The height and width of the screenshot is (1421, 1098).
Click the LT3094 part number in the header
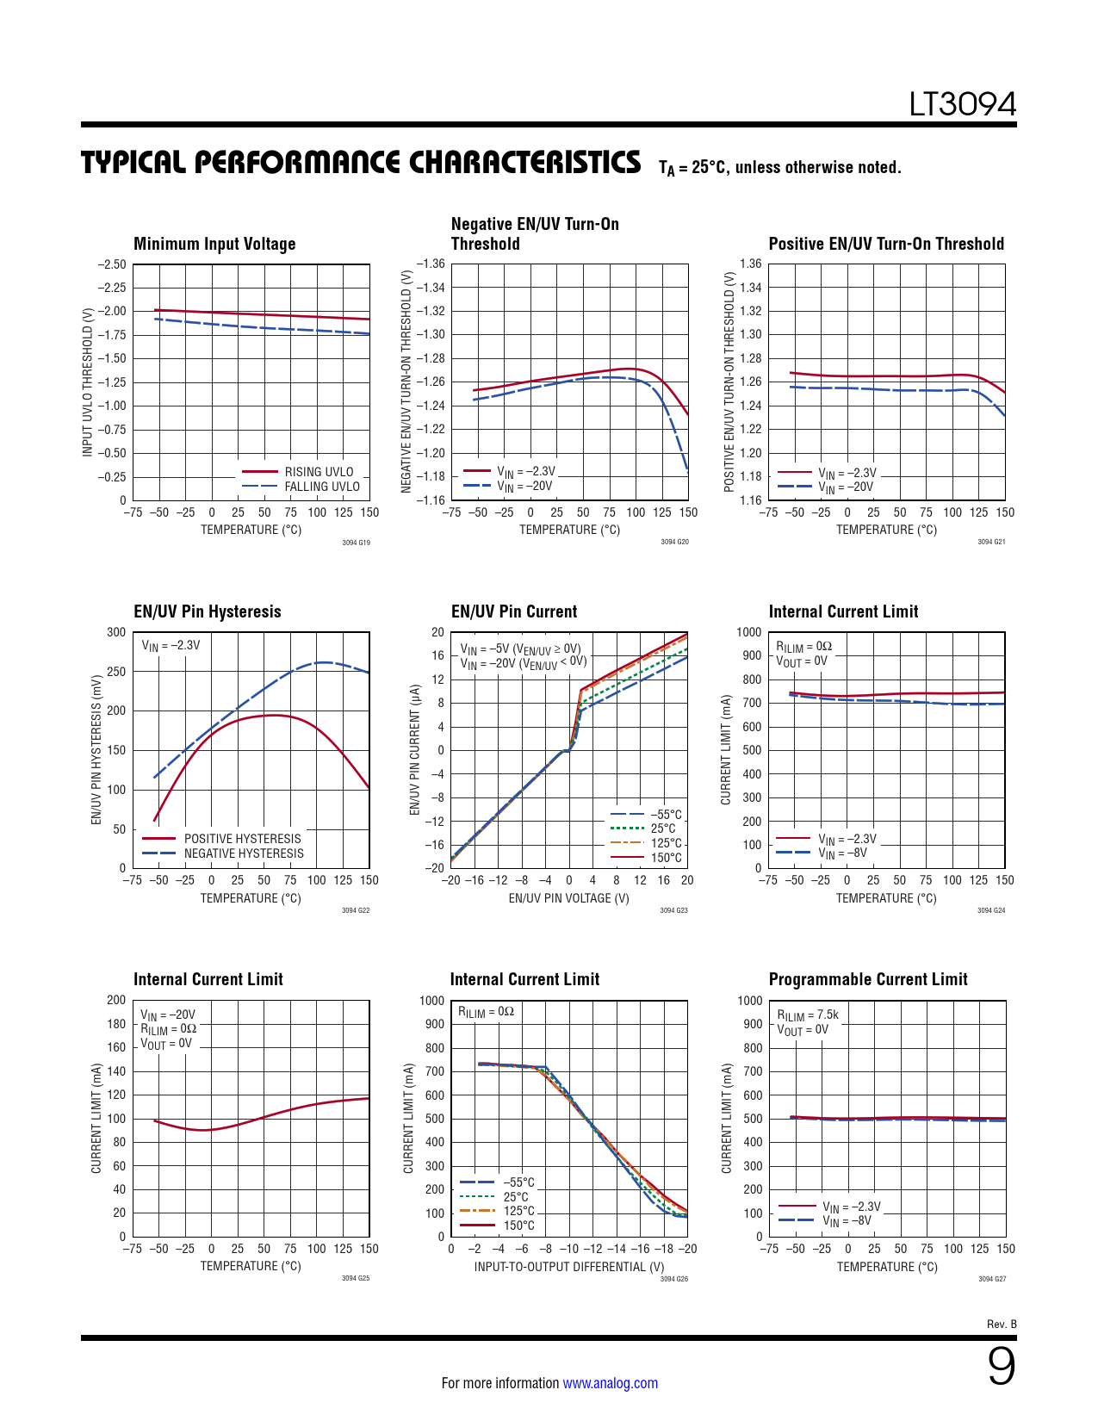962,105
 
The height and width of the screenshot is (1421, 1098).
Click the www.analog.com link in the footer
610,1383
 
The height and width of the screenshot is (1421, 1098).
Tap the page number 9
1001,1367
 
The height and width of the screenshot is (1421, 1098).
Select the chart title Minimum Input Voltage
214,244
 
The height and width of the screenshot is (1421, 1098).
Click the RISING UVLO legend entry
319,472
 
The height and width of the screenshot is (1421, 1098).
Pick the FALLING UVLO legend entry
321,487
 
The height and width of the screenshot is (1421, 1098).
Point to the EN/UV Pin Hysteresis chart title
208,611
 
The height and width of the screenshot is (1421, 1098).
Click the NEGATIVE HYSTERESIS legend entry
244,853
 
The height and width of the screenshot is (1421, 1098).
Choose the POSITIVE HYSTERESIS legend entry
242,839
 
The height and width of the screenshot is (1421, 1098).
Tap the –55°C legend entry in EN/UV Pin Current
665,815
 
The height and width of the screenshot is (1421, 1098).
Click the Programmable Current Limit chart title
868,979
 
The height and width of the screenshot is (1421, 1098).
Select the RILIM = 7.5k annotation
807,1015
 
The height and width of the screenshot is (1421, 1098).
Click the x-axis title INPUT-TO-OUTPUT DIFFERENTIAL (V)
569,1267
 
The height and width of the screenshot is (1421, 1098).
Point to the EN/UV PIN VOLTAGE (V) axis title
568,898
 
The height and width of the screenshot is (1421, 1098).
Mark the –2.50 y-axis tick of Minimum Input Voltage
111,264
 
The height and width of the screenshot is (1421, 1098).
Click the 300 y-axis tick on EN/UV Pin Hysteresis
116,632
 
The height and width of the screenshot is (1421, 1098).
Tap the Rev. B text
1002,1324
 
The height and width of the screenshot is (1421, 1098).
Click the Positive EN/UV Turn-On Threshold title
886,244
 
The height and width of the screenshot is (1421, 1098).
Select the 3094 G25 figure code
356,1278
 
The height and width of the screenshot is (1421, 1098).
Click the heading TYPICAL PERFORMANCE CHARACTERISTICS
361,162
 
